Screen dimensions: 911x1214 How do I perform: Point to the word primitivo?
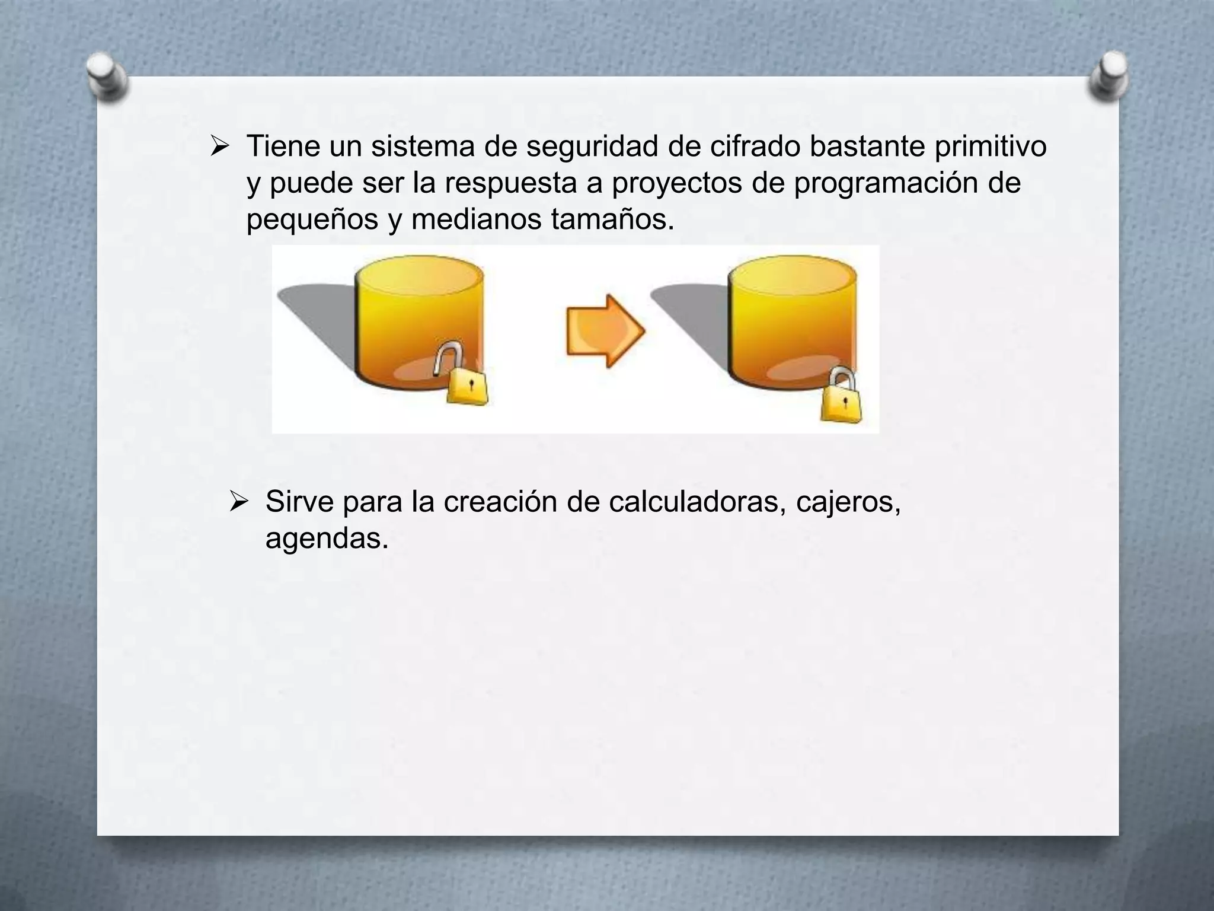(991, 147)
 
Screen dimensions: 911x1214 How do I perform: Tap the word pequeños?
(312, 221)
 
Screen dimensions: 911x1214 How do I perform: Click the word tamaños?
(612, 219)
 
